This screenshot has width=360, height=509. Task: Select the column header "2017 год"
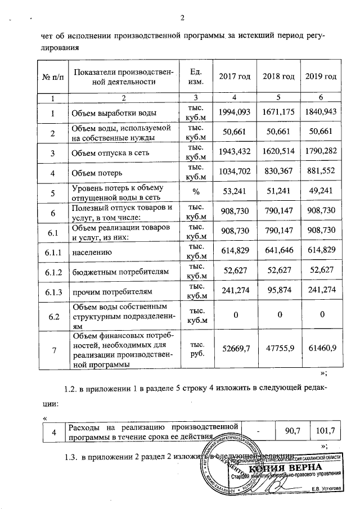click(x=235, y=76)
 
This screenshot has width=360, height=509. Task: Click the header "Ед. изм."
click(x=196, y=76)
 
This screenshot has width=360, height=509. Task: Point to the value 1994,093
click(x=235, y=111)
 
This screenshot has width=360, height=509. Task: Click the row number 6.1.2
click(x=53, y=272)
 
